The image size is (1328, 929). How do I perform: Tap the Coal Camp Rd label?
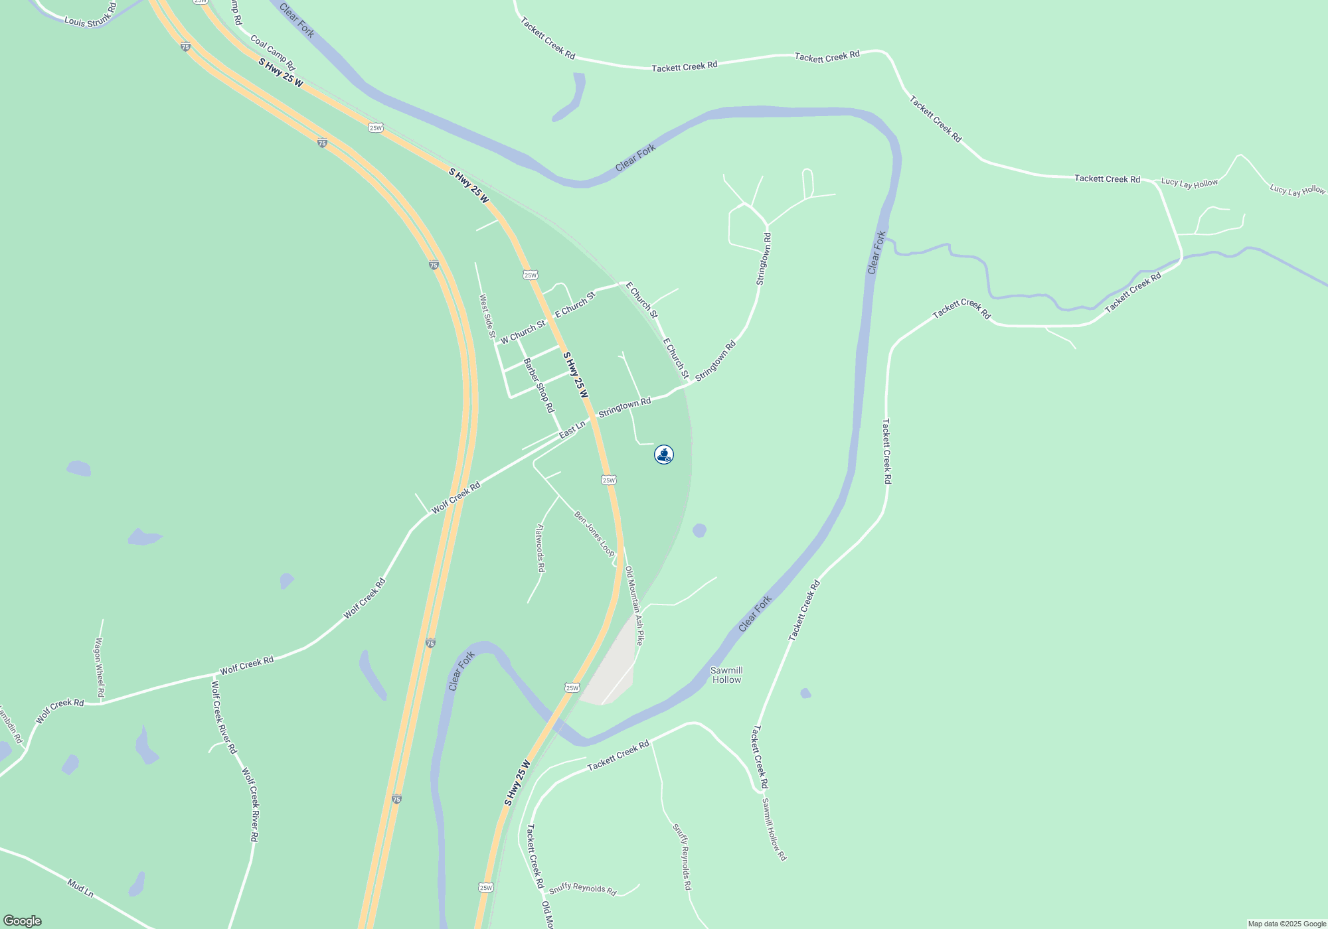pyautogui.click(x=272, y=53)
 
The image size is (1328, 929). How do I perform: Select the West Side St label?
pyautogui.click(x=487, y=317)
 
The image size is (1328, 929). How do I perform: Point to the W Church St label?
pyautogui.click(x=523, y=331)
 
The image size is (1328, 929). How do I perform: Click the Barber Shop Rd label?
pyautogui.click(x=539, y=386)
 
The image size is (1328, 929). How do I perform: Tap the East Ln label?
pyautogui.click(x=572, y=429)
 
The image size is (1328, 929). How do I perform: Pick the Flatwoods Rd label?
pyautogui.click(x=540, y=548)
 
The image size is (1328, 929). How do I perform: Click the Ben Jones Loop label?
pyautogui.click(x=594, y=534)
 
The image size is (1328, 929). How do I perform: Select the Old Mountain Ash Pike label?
pyautogui.click(x=634, y=605)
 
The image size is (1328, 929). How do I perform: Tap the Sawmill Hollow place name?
pyautogui.click(x=726, y=675)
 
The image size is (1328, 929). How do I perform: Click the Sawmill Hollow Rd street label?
pyautogui.click(x=774, y=829)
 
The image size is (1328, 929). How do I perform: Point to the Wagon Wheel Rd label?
pyautogui.click(x=100, y=667)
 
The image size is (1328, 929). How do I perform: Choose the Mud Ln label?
pyautogui.click(x=80, y=888)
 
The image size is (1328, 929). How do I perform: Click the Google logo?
pyautogui.click(x=23, y=921)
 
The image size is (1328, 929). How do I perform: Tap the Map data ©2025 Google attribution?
pyautogui.click(x=1286, y=924)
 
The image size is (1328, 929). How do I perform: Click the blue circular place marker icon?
pyautogui.click(x=664, y=455)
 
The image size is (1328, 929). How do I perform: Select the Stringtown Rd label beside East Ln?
pyautogui.click(x=624, y=407)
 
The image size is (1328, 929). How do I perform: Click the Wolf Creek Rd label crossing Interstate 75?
pyautogui.click(x=456, y=498)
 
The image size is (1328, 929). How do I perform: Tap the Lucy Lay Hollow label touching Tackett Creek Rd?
pyautogui.click(x=1189, y=183)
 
